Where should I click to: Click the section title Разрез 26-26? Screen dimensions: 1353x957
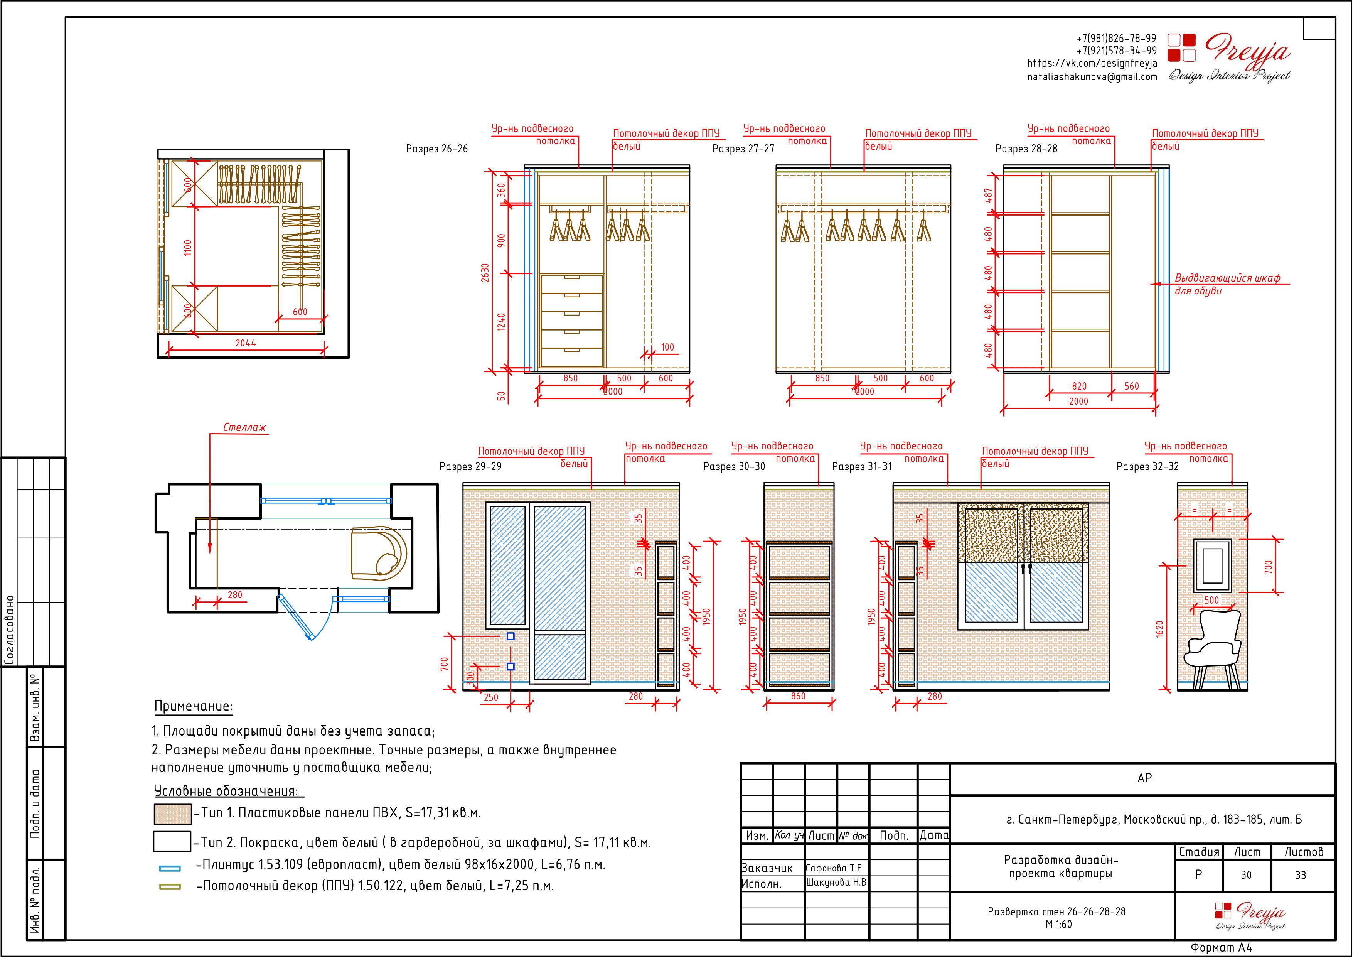436,149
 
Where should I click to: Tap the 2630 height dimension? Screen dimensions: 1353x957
485,272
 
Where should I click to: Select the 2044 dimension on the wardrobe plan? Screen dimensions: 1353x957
246,343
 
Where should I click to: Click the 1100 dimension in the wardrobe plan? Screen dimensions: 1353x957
187,247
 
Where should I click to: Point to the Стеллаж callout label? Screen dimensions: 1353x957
244,427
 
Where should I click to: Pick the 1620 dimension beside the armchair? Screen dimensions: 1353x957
1159,629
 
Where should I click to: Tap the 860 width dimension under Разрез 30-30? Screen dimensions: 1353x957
798,696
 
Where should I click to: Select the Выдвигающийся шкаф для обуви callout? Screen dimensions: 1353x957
1227,284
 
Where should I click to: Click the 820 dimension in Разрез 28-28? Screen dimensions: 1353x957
1079,386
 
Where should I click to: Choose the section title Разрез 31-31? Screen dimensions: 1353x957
861,466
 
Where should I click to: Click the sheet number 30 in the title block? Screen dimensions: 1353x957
1246,875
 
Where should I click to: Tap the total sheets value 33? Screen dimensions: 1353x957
1301,875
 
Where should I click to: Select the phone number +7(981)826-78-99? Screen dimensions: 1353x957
1116,38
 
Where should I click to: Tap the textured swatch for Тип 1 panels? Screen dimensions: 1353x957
172,814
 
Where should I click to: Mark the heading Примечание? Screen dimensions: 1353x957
193,706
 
